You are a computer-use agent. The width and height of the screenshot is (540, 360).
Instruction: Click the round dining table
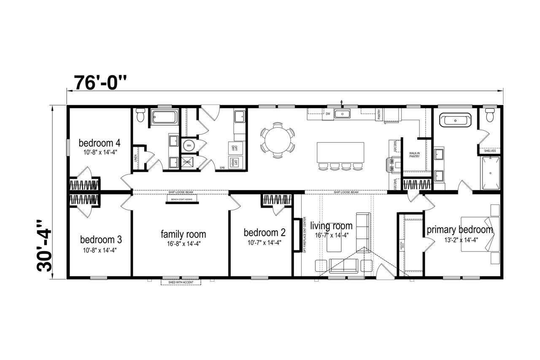277,140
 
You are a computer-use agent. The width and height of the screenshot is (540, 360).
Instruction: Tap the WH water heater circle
189,145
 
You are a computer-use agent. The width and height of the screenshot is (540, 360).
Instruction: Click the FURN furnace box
187,162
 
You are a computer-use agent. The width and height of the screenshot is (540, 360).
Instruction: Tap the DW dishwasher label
327,113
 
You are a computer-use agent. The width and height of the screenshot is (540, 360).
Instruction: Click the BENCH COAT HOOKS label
182,200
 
